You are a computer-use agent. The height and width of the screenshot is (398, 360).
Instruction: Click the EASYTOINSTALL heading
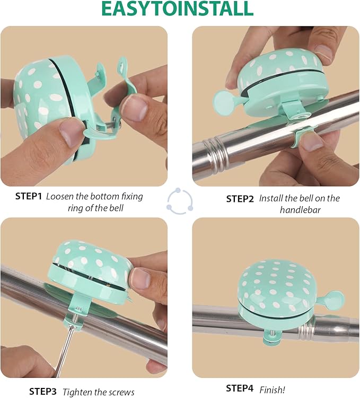click(177, 9)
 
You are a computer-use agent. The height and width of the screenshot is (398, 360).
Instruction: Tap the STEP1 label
click(28, 196)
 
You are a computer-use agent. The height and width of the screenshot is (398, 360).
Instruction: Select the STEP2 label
click(240, 199)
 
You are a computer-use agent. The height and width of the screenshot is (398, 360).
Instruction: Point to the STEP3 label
click(42, 391)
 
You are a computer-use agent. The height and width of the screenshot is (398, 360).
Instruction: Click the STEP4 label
click(240, 388)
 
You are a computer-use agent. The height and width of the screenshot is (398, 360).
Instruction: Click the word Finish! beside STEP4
click(272, 390)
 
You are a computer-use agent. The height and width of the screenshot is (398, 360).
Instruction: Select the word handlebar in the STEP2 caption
click(300, 210)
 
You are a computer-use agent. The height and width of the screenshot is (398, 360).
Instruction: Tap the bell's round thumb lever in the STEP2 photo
click(223, 101)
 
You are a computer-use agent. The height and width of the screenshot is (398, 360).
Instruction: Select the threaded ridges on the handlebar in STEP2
click(215, 155)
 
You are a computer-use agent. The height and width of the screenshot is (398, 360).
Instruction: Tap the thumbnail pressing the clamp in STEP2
click(312, 142)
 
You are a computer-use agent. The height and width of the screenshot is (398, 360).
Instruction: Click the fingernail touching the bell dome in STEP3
click(139, 278)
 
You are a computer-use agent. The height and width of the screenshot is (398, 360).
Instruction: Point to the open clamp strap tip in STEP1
click(123, 63)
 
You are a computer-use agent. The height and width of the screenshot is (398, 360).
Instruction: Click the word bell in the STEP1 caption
click(116, 208)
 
